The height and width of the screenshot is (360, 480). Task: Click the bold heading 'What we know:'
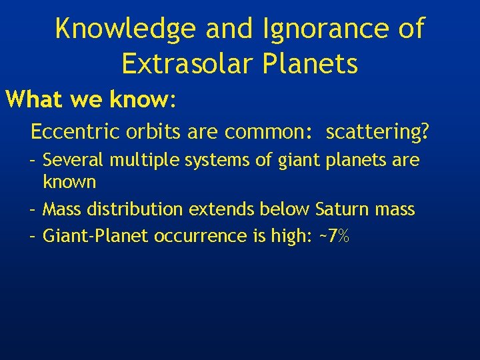pos(91,100)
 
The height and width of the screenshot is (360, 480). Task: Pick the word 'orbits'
pos(147,132)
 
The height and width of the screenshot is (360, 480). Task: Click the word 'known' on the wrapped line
pos(69,181)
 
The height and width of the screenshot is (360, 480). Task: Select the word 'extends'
pos(217,209)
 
